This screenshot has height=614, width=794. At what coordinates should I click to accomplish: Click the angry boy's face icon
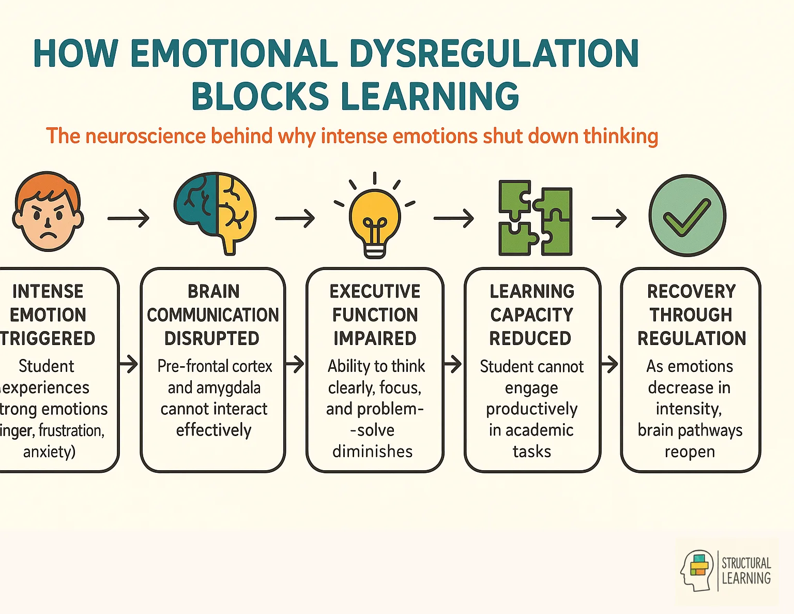pyautogui.click(x=48, y=212)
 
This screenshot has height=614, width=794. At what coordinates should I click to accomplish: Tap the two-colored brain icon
pyautogui.click(x=215, y=212)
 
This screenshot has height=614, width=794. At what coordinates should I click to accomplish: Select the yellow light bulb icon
pyautogui.click(x=375, y=217)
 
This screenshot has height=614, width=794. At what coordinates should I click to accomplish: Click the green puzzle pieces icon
pyautogui.click(x=535, y=218)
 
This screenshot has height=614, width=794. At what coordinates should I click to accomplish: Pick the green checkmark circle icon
pyautogui.click(x=687, y=215)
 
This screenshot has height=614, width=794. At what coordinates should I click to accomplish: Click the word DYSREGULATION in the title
pyautogui.click(x=494, y=53)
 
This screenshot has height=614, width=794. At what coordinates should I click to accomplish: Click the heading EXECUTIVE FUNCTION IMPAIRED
pyautogui.click(x=375, y=315)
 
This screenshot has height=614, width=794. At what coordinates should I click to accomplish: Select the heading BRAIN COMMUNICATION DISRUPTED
pyautogui.click(x=212, y=315)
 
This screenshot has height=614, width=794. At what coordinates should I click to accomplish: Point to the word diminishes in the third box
pyautogui.click(x=372, y=452)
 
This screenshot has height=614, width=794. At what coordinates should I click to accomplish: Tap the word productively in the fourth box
pyautogui.click(x=531, y=409)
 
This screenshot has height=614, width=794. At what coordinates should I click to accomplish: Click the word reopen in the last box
pyautogui.click(x=690, y=452)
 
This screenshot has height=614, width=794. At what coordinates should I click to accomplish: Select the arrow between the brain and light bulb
pyautogui.click(x=295, y=218)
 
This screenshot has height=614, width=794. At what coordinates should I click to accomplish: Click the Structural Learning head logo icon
pyautogui.click(x=697, y=570)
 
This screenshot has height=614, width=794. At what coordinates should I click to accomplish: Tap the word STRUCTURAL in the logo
pyautogui.click(x=746, y=563)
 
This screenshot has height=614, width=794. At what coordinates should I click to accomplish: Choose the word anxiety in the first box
pyautogui.click(x=49, y=452)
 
